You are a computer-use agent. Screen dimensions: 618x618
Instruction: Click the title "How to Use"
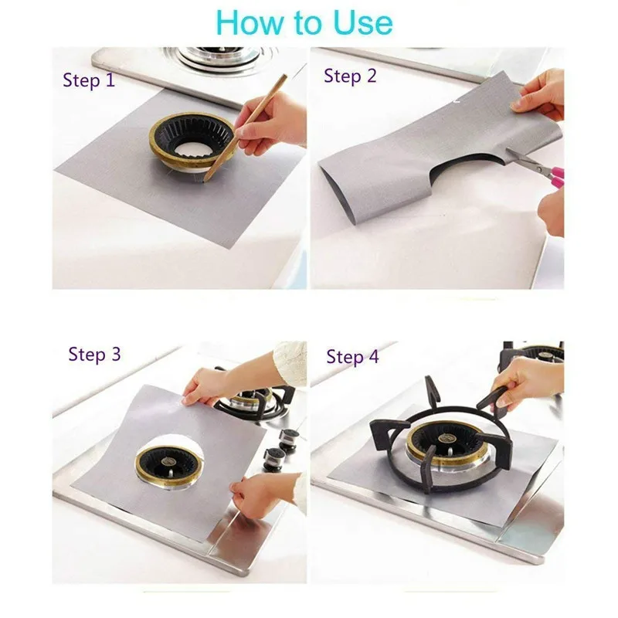[x=304, y=22]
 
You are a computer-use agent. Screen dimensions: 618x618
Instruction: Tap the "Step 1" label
[x=89, y=80]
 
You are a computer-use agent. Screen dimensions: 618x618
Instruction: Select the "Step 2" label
[x=350, y=76]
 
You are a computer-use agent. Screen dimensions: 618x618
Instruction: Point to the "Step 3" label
[x=94, y=354]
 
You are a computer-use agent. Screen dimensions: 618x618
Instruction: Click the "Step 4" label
[x=352, y=357]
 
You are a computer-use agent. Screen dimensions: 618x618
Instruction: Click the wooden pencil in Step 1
[x=245, y=127]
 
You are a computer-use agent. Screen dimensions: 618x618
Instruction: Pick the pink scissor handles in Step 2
[x=555, y=176]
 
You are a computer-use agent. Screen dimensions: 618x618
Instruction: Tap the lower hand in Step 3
[x=268, y=493]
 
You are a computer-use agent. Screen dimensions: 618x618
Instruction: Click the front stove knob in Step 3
[x=274, y=458]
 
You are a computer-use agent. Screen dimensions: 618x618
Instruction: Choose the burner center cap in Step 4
[x=446, y=438]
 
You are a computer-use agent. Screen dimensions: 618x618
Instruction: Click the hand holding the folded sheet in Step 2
[x=541, y=94]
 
